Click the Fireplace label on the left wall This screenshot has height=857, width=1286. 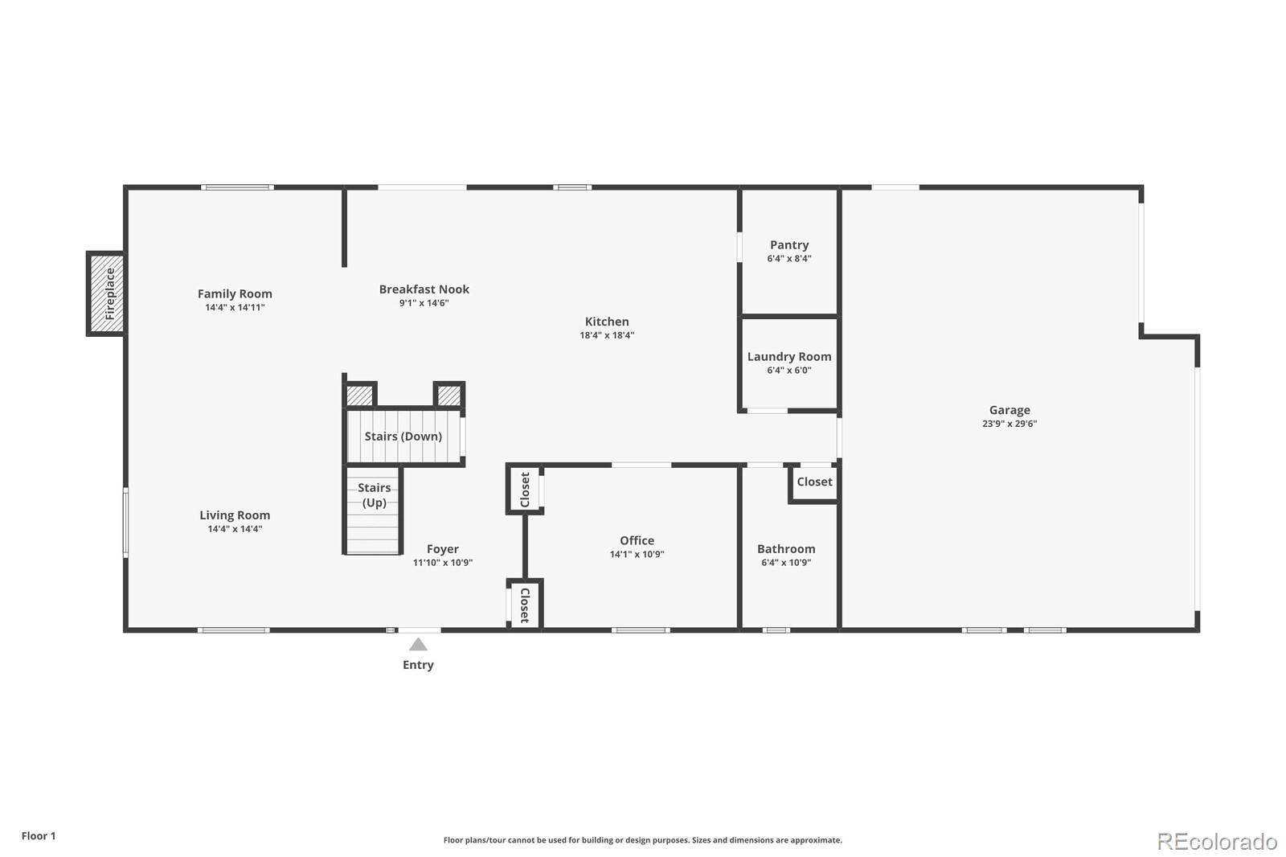(x=109, y=293)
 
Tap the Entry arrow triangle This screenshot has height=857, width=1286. (x=418, y=645)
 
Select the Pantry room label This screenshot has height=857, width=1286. (x=789, y=245)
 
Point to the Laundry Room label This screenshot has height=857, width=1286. (x=789, y=357)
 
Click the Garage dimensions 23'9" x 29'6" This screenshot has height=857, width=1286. (x=1010, y=424)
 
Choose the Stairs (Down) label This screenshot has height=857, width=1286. (x=403, y=437)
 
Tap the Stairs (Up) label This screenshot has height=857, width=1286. (x=375, y=495)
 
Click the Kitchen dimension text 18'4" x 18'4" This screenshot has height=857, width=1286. (x=607, y=335)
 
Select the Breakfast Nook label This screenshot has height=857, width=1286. (x=424, y=289)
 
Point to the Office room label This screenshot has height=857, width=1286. (x=637, y=540)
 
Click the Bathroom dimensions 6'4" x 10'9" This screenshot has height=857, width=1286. (x=786, y=563)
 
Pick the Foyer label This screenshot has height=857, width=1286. (x=443, y=549)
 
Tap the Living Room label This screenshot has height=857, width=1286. (x=235, y=516)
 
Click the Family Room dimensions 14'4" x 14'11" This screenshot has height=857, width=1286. (x=235, y=308)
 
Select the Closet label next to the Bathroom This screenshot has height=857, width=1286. (x=815, y=482)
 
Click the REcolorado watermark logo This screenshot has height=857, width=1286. (x=1217, y=842)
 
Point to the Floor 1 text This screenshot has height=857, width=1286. (x=39, y=836)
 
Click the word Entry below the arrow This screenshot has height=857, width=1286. (x=418, y=665)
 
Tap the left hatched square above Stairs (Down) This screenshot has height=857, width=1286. (x=360, y=396)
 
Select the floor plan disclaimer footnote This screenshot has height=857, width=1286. (x=642, y=840)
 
